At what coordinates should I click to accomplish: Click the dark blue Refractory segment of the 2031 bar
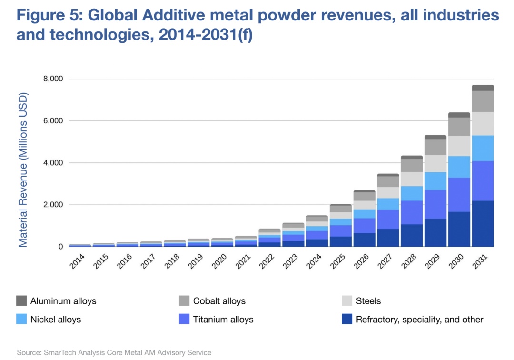click(x=483, y=223)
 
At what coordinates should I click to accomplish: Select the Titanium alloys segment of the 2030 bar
click(x=459, y=194)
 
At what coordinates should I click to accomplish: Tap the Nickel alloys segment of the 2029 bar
click(x=435, y=181)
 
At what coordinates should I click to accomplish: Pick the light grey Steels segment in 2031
click(x=483, y=124)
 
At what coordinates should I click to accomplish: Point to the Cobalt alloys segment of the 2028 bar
click(x=411, y=165)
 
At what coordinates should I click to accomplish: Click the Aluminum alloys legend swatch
click(x=21, y=301)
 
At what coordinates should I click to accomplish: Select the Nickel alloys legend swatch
click(x=21, y=319)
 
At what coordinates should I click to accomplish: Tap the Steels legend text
click(x=368, y=301)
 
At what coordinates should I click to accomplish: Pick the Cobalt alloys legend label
click(x=219, y=301)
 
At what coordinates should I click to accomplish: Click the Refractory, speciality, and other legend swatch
click(x=347, y=319)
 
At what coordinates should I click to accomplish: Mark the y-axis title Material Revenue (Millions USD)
click(x=23, y=170)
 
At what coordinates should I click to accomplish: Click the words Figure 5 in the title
click(x=48, y=16)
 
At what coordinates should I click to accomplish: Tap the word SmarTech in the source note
click(x=59, y=353)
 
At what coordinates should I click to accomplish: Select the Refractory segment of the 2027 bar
click(x=387, y=238)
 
